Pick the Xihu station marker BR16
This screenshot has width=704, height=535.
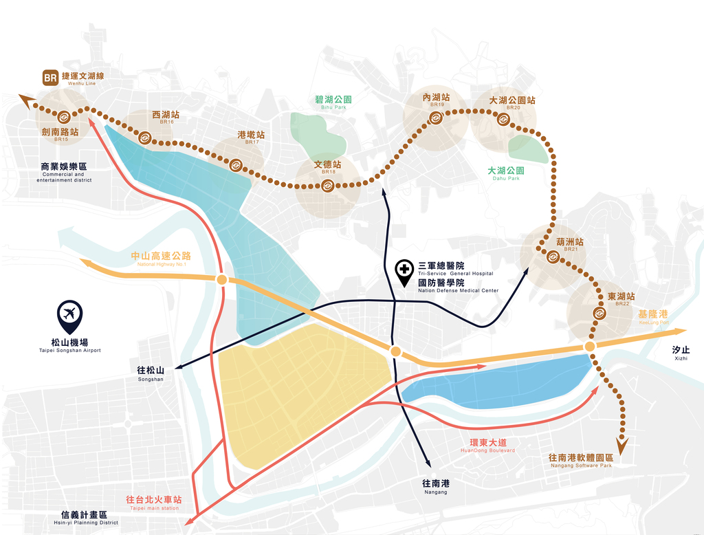[x=145, y=138]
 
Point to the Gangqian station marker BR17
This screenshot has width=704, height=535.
[x=235, y=164]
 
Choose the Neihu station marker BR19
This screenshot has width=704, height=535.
[x=435, y=118]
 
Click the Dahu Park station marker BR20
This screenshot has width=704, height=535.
[x=503, y=120]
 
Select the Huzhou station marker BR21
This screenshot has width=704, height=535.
[x=553, y=257]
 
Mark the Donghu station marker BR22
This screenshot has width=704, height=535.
[x=599, y=314]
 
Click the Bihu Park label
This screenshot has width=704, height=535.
[x=333, y=102]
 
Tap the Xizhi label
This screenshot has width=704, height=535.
[x=681, y=352]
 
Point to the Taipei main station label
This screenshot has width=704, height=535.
[x=153, y=502]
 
